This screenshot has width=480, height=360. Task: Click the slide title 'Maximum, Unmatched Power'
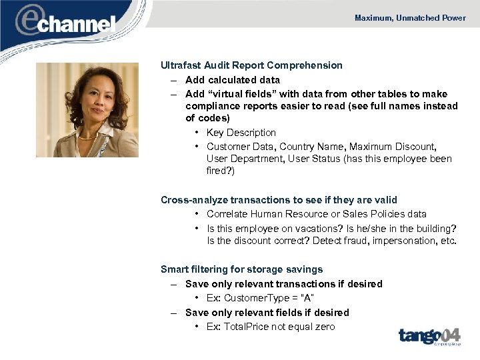tap(410, 18)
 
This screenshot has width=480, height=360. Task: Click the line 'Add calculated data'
tap(233, 80)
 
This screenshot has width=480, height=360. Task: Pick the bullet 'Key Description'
tap(241, 133)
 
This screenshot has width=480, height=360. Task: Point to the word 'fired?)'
tap(221, 171)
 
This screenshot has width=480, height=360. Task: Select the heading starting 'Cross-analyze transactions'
tap(279, 200)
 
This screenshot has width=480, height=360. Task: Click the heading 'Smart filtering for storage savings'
tap(241, 270)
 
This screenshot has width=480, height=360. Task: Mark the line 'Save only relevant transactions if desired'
tap(284, 284)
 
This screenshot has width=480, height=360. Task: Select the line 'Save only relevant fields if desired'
tap(267, 313)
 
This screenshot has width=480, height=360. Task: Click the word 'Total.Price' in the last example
tap(249, 326)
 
